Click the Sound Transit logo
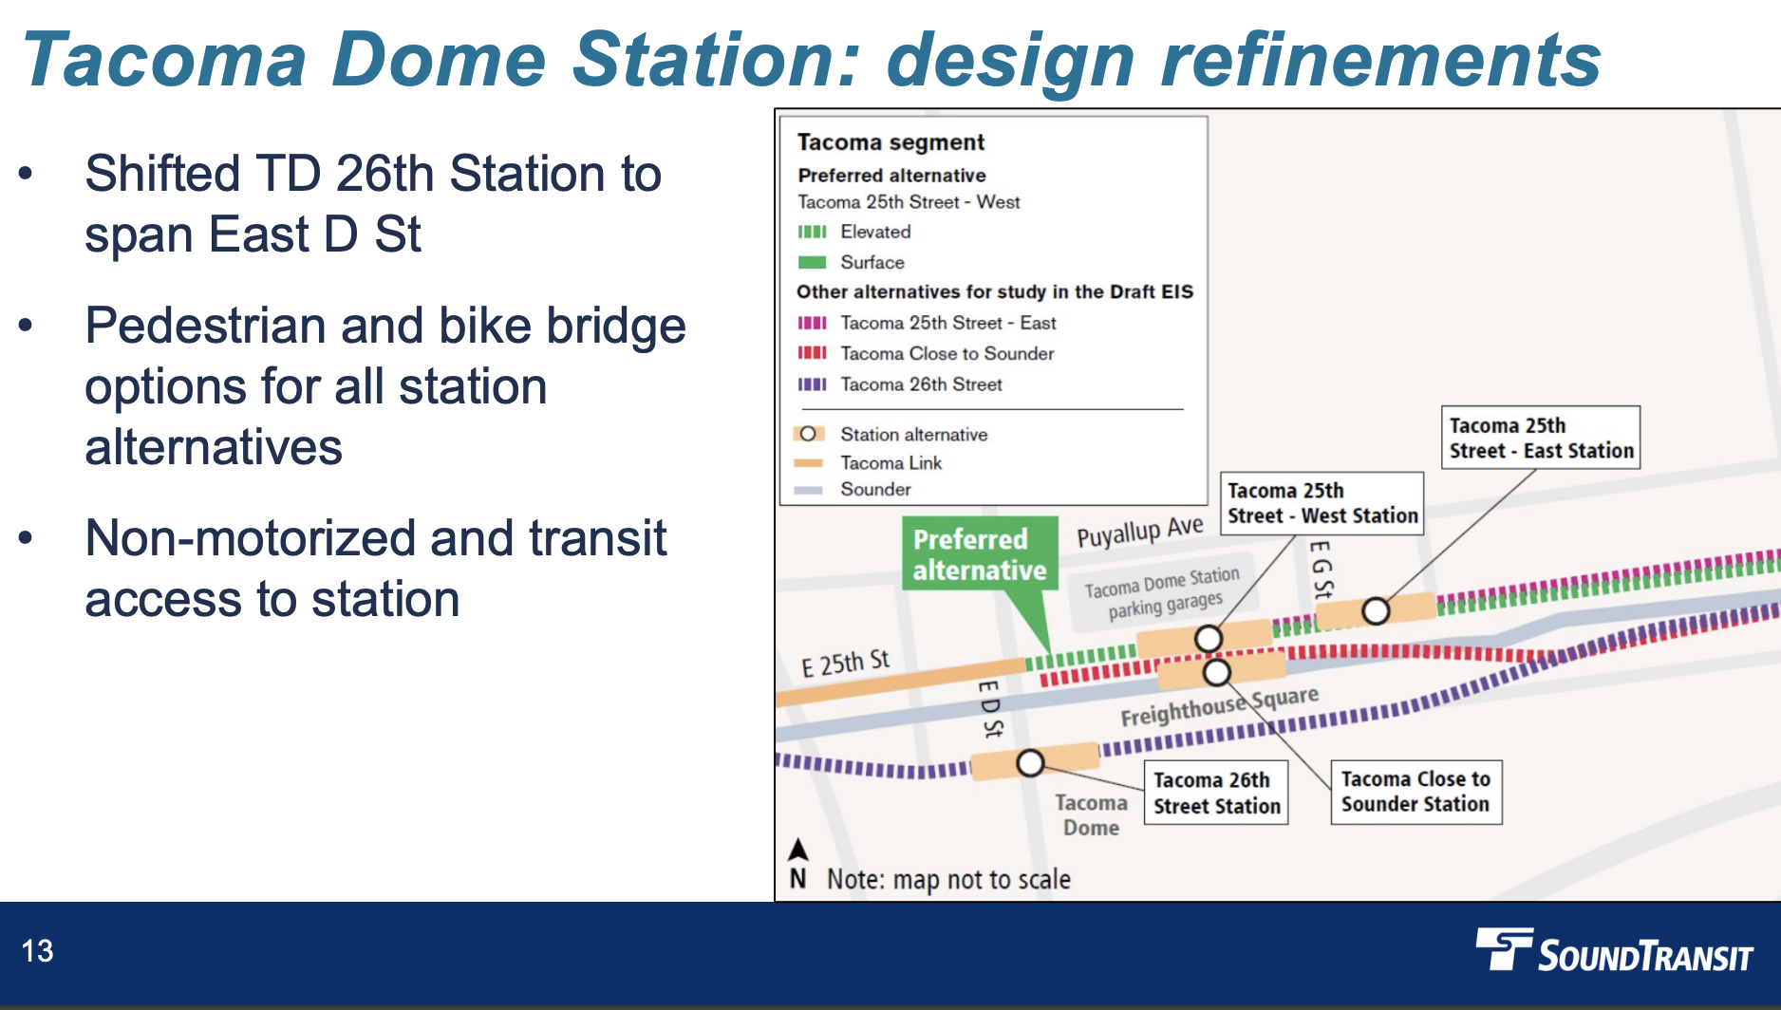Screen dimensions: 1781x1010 click(1614, 951)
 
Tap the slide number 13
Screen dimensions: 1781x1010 click(38, 951)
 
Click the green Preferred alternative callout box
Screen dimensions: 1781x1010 click(980, 554)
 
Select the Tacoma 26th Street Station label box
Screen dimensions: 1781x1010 click(1216, 793)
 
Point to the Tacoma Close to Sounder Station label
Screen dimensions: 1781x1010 click(1415, 792)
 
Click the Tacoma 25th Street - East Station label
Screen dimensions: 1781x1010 click(1541, 438)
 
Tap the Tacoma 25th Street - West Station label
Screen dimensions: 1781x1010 click(1322, 503)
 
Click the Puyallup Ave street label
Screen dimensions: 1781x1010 click(1140, 532)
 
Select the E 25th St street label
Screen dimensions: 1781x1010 click(845, 663)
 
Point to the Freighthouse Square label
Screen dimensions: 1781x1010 click(1219, 706)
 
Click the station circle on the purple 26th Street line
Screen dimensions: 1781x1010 click(1030, 762)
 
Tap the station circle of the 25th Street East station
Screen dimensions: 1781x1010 click(1376, 611)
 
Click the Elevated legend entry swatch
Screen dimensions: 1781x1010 click(812, 232)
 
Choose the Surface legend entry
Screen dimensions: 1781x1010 click(851, 262)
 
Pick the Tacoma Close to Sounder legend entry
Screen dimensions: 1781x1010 click(926, 353)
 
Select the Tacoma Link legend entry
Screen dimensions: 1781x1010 click(868, 463)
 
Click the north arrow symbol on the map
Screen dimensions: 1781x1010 click(798, 849)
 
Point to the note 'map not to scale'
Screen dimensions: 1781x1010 click(948, 879)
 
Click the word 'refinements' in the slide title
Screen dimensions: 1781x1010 click(1381, 59)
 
